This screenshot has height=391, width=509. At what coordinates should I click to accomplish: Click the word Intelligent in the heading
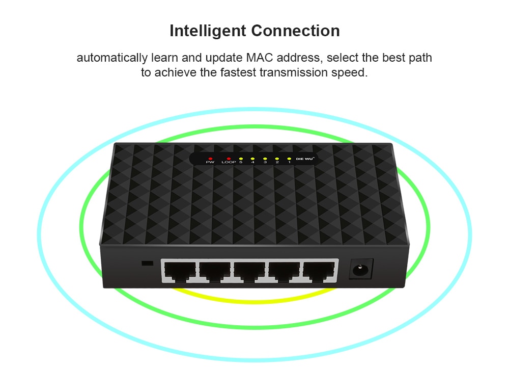click(208, 31)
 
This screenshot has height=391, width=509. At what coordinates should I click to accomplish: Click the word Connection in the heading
click(295, 31)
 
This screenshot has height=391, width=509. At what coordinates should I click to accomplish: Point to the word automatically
click(112, 58)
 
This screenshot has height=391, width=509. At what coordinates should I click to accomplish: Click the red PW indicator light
click(210, 159)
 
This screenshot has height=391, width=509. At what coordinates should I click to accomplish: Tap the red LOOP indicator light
click(229, 159)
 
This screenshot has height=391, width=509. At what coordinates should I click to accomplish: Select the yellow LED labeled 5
click(241, 159)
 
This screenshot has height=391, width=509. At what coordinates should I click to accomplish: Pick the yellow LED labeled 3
click(265, 159)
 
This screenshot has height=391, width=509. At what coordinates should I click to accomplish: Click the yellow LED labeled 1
click(289, 159)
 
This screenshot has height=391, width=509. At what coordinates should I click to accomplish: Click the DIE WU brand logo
click(305, 159)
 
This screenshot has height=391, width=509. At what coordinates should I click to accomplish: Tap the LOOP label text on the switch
click(229, 162)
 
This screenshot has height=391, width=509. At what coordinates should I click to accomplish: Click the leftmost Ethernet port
click(180, 271)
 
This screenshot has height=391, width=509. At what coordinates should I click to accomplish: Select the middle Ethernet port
click(249, 271)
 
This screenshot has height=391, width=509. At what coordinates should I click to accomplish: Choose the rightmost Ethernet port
click(319, 271)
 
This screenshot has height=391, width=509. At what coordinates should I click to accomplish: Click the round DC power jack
click(360, 269)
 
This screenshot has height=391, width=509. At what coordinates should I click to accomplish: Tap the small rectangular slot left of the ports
click(148, 263)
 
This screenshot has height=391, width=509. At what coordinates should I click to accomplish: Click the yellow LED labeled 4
click(252, 159)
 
